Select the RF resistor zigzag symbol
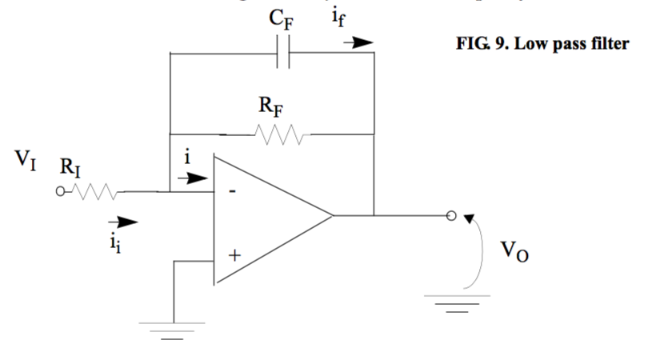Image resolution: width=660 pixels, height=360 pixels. click(x=274, y=131)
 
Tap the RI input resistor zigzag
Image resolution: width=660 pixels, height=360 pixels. click(x=97, y=192)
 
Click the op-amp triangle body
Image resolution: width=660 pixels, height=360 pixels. click(x=264, y=216)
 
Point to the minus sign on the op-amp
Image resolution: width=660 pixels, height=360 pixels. click(x=232, y=193)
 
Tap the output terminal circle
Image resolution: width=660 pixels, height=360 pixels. click(x=450, y=215)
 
